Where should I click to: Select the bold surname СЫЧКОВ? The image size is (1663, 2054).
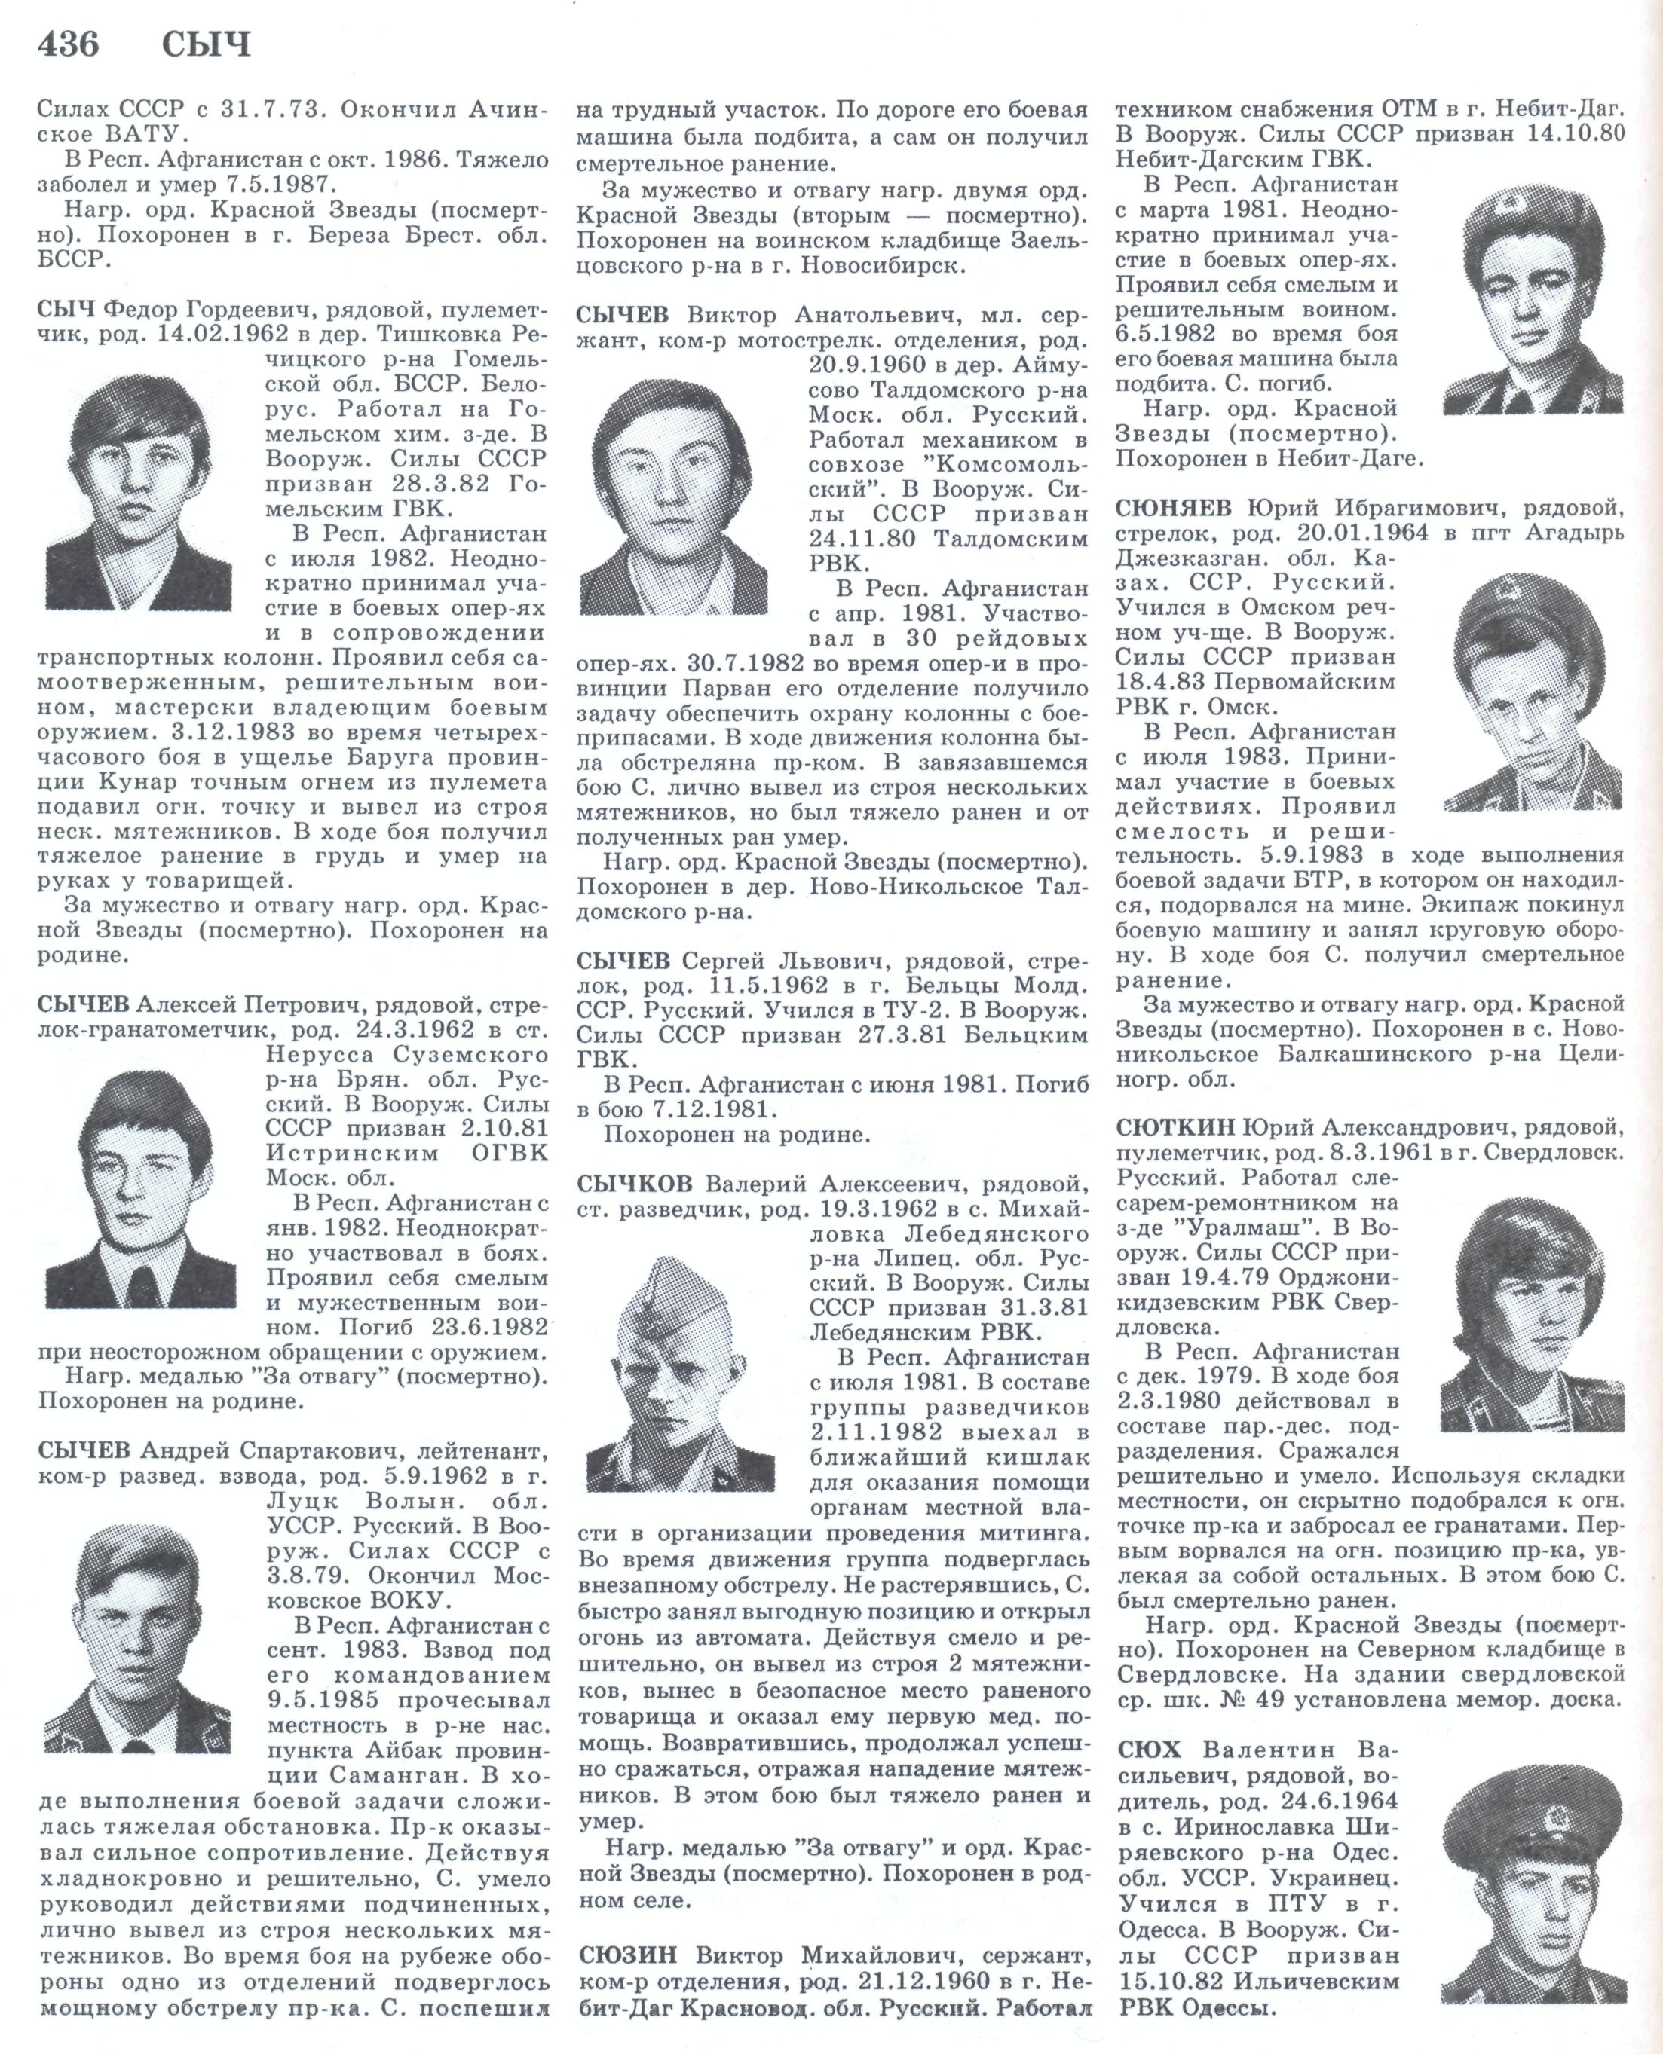tap(634, 1183)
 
